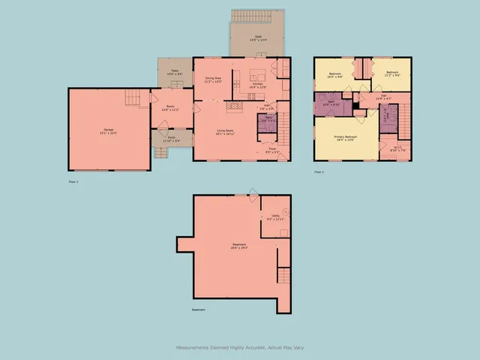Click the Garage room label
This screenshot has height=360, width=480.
click(109, 132)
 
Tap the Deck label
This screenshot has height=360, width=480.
click(258, 37)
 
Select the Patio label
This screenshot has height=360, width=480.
click(169, 73)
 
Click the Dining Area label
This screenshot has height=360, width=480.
click(212, 79)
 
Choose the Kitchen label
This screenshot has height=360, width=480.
click(257, 85)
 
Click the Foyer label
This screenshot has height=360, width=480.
click(273, 150)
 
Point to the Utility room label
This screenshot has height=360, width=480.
click(275, 217)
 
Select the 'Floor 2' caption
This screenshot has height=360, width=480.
click(319, 172)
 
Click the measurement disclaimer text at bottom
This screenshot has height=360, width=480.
click(240, 347)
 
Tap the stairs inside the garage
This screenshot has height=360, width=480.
click(133, 97)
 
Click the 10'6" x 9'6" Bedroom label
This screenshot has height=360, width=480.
click(335, 74)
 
